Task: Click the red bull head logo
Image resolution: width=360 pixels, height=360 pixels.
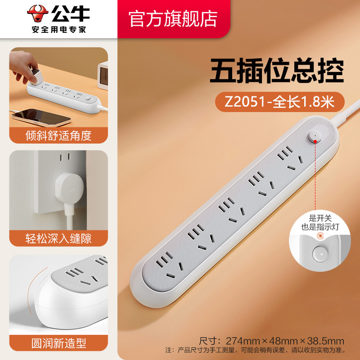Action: click(x=38, y=13)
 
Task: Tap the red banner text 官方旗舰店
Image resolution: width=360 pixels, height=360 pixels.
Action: click(x=173, y=19)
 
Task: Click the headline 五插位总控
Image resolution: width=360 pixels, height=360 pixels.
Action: click(x=277, y=71)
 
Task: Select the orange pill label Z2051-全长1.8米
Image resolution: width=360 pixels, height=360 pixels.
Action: click(x=279, y=102)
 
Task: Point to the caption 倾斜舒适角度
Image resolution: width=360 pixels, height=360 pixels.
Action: click(x=58, y=135)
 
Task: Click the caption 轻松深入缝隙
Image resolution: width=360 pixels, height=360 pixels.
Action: click(x=58, y=238)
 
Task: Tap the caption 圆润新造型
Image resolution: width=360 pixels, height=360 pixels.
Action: click(x=58, y=343)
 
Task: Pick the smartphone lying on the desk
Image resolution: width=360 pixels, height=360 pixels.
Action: click(x=41, y=117)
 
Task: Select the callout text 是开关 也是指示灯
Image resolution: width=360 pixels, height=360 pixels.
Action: click(x=320, y=222)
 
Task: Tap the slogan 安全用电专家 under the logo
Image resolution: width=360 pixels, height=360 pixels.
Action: click(x=59, y=30)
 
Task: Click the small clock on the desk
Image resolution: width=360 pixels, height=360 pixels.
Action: click(x=103, y=75)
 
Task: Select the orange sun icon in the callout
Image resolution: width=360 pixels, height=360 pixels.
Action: click(x=320, y=236)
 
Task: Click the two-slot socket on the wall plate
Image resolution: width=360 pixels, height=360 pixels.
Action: click(x=65, y=157)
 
